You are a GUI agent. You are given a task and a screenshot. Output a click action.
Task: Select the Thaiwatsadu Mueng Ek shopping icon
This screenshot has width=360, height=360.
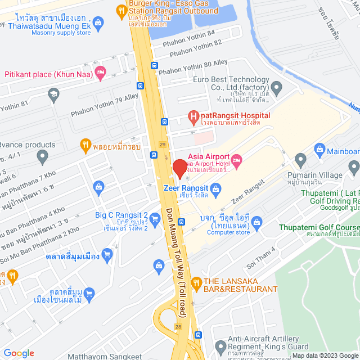(99, 22)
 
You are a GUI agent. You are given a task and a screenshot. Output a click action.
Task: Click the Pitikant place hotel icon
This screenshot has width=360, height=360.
(100, 71)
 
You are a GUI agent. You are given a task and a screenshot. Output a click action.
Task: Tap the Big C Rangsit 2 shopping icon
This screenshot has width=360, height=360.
(99, 186)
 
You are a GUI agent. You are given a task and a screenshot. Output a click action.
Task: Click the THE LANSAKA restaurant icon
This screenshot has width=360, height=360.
(196, 282)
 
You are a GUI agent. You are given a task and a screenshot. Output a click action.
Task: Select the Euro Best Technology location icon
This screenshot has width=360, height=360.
(276, 87)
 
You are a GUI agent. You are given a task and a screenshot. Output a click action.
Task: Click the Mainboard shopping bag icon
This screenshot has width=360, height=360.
(320, 150)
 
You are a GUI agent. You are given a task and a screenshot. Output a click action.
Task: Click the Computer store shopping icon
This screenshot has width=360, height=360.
(257, 222)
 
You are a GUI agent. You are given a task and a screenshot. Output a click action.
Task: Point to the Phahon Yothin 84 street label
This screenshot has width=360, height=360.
(189, 33)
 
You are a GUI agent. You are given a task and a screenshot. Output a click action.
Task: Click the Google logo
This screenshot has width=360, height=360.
(19, 353)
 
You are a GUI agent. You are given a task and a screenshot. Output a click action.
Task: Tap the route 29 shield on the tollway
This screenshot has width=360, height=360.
(162, 145)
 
